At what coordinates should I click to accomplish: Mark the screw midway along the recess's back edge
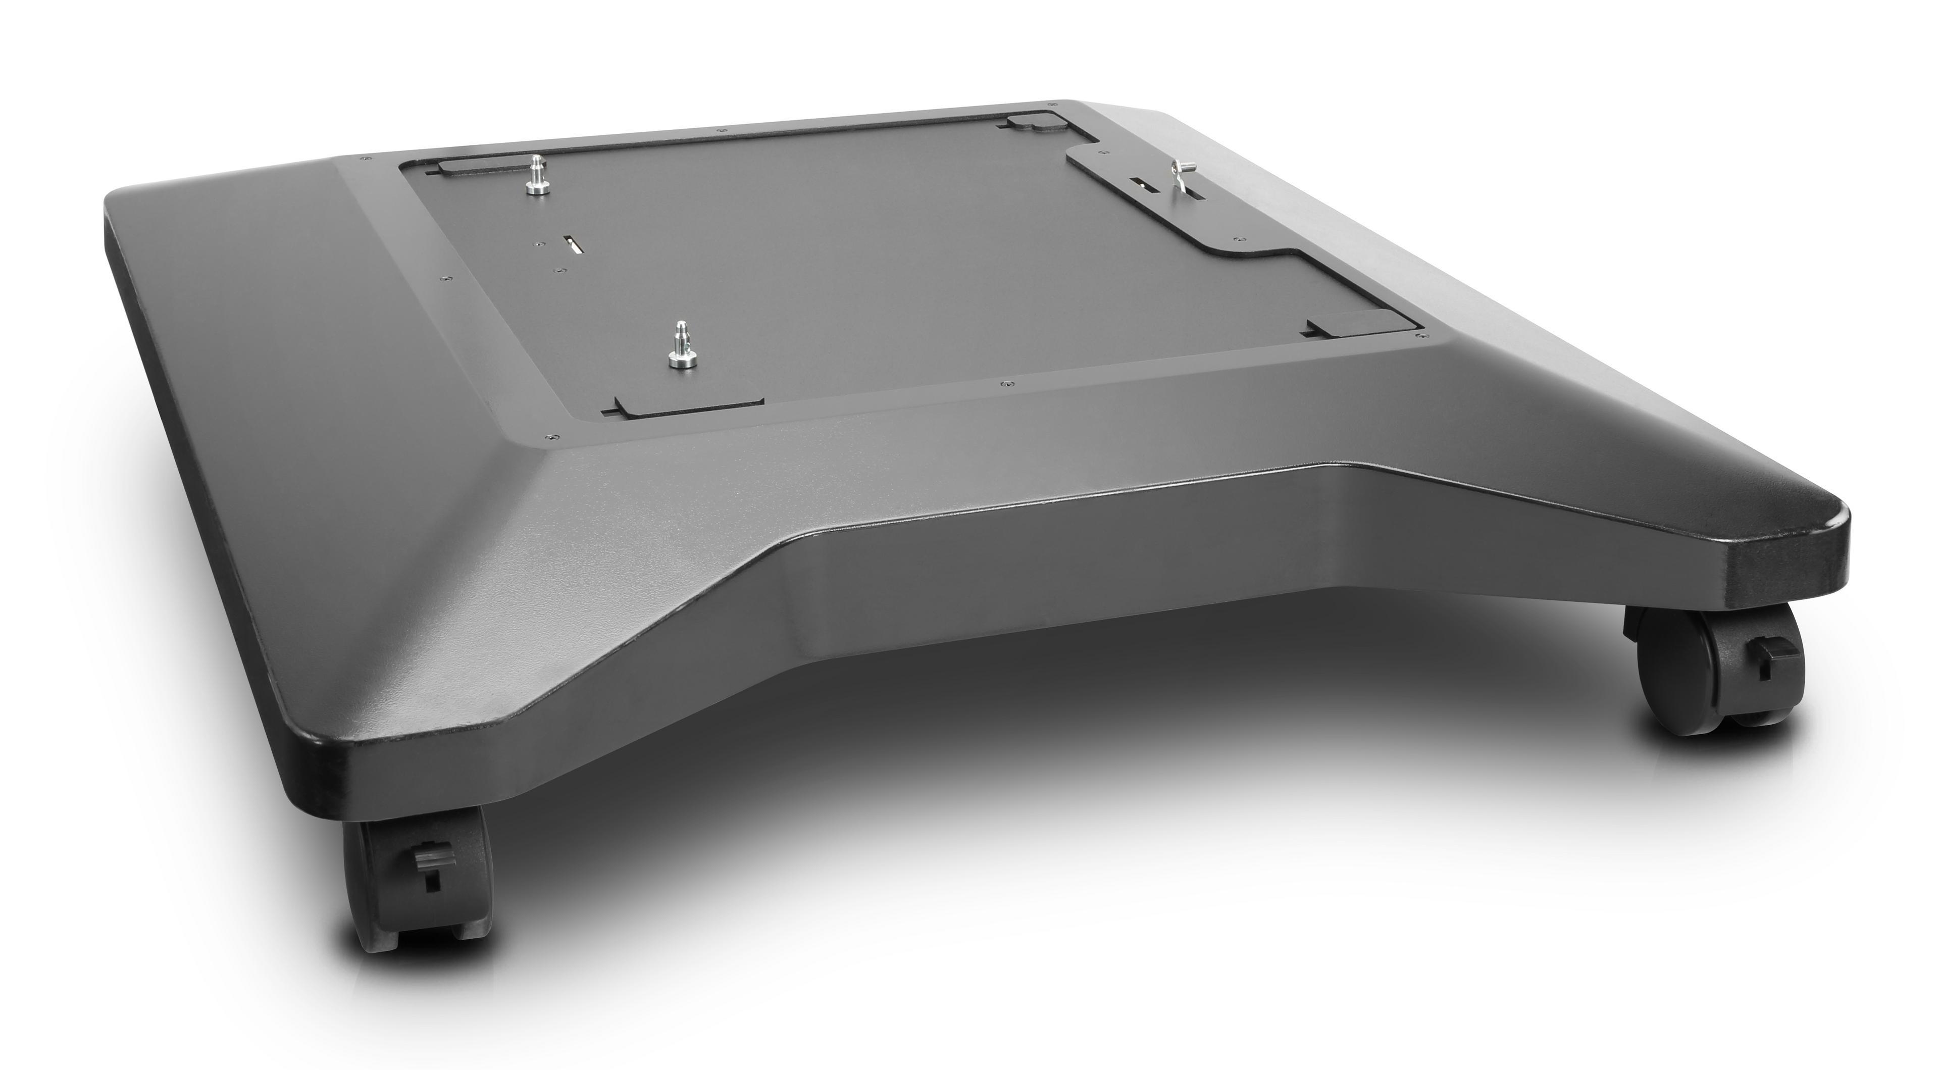[x=721, y=130]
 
